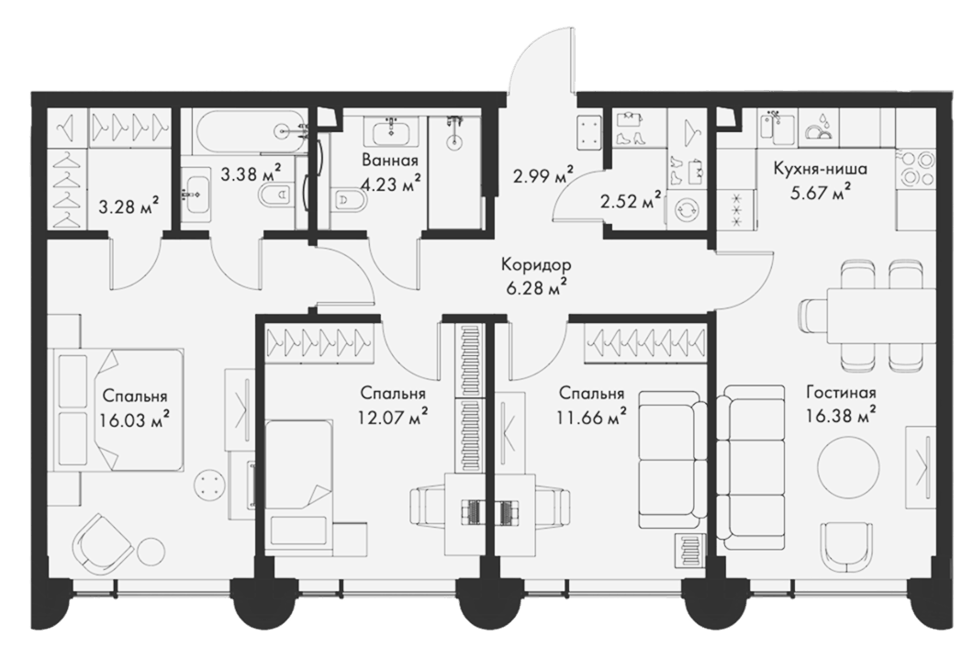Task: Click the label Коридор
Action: click(x=536, y=266)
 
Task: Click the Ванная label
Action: click(x=390, y=161)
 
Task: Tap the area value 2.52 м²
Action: click(x=630, y=200)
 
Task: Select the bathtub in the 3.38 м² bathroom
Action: click(x=251, y=131)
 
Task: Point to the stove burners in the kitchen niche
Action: click(x=914, y=168)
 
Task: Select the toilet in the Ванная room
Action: click(x=345, y=200)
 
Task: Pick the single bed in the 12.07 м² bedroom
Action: click(x=302, y=464)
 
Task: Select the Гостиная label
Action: click(x=841, y=392)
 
